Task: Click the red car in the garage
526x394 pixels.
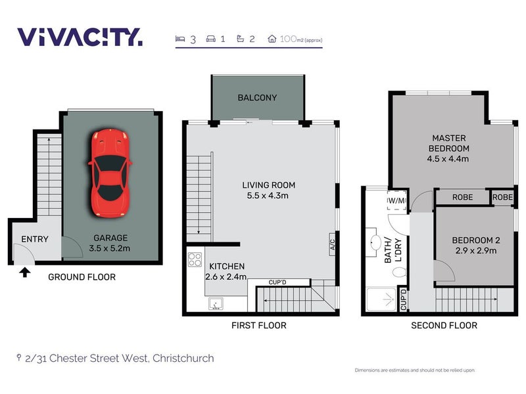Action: click(110, 173)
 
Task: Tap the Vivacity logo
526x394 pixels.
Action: click(79, 37)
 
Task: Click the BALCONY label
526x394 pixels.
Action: click(257, 98)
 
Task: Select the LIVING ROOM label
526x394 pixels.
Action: click(268, 190)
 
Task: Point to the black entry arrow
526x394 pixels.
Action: click(25, 271)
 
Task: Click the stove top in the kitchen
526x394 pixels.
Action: click(195, 259)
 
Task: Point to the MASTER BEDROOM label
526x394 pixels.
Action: click(450, 148)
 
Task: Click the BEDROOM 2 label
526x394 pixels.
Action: click(473, 245)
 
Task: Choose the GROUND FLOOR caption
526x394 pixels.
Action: click(82, 277)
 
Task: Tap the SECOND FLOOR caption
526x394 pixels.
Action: click(444, 325)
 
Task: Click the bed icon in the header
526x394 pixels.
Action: click(180, 39)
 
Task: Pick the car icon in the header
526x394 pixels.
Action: click(210, 39)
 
